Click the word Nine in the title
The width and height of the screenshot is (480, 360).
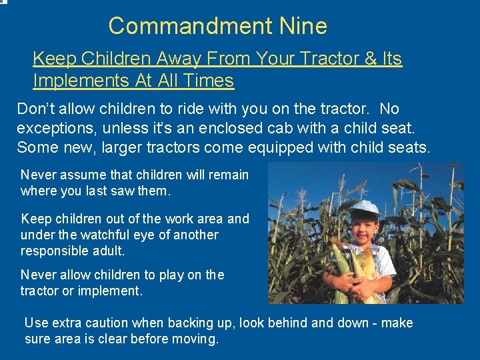pos(303,26)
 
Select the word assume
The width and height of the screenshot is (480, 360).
pos(83,175)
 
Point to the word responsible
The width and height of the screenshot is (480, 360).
pos(55,251)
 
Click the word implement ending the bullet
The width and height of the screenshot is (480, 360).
pos(114,291)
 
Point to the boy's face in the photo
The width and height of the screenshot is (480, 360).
pos(364,229)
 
